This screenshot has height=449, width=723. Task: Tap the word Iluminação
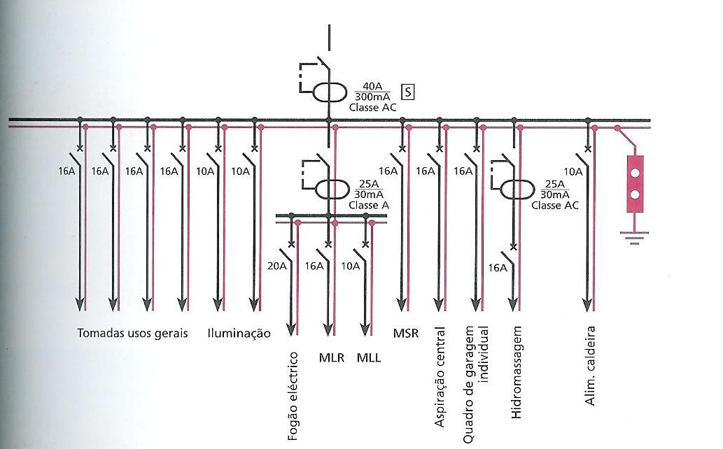pyautogui.click(x=239, y=334)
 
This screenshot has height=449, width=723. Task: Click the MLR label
pyautogui.click(x=330, y=358)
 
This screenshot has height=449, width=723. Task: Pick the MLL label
pyautogui.click(x=369, y=358)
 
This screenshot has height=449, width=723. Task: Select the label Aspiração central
pyautogui.click(x=440, y=376)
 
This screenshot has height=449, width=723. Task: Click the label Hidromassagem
pyautogui.click(x=517, y=372)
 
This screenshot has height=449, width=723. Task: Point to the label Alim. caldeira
pyautogui.click(x=590, y=365)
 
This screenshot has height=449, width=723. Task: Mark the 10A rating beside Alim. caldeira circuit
pyautogui.click(x=573, y=171)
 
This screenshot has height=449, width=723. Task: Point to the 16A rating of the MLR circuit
pyautogui.click(x=314, y=266)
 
